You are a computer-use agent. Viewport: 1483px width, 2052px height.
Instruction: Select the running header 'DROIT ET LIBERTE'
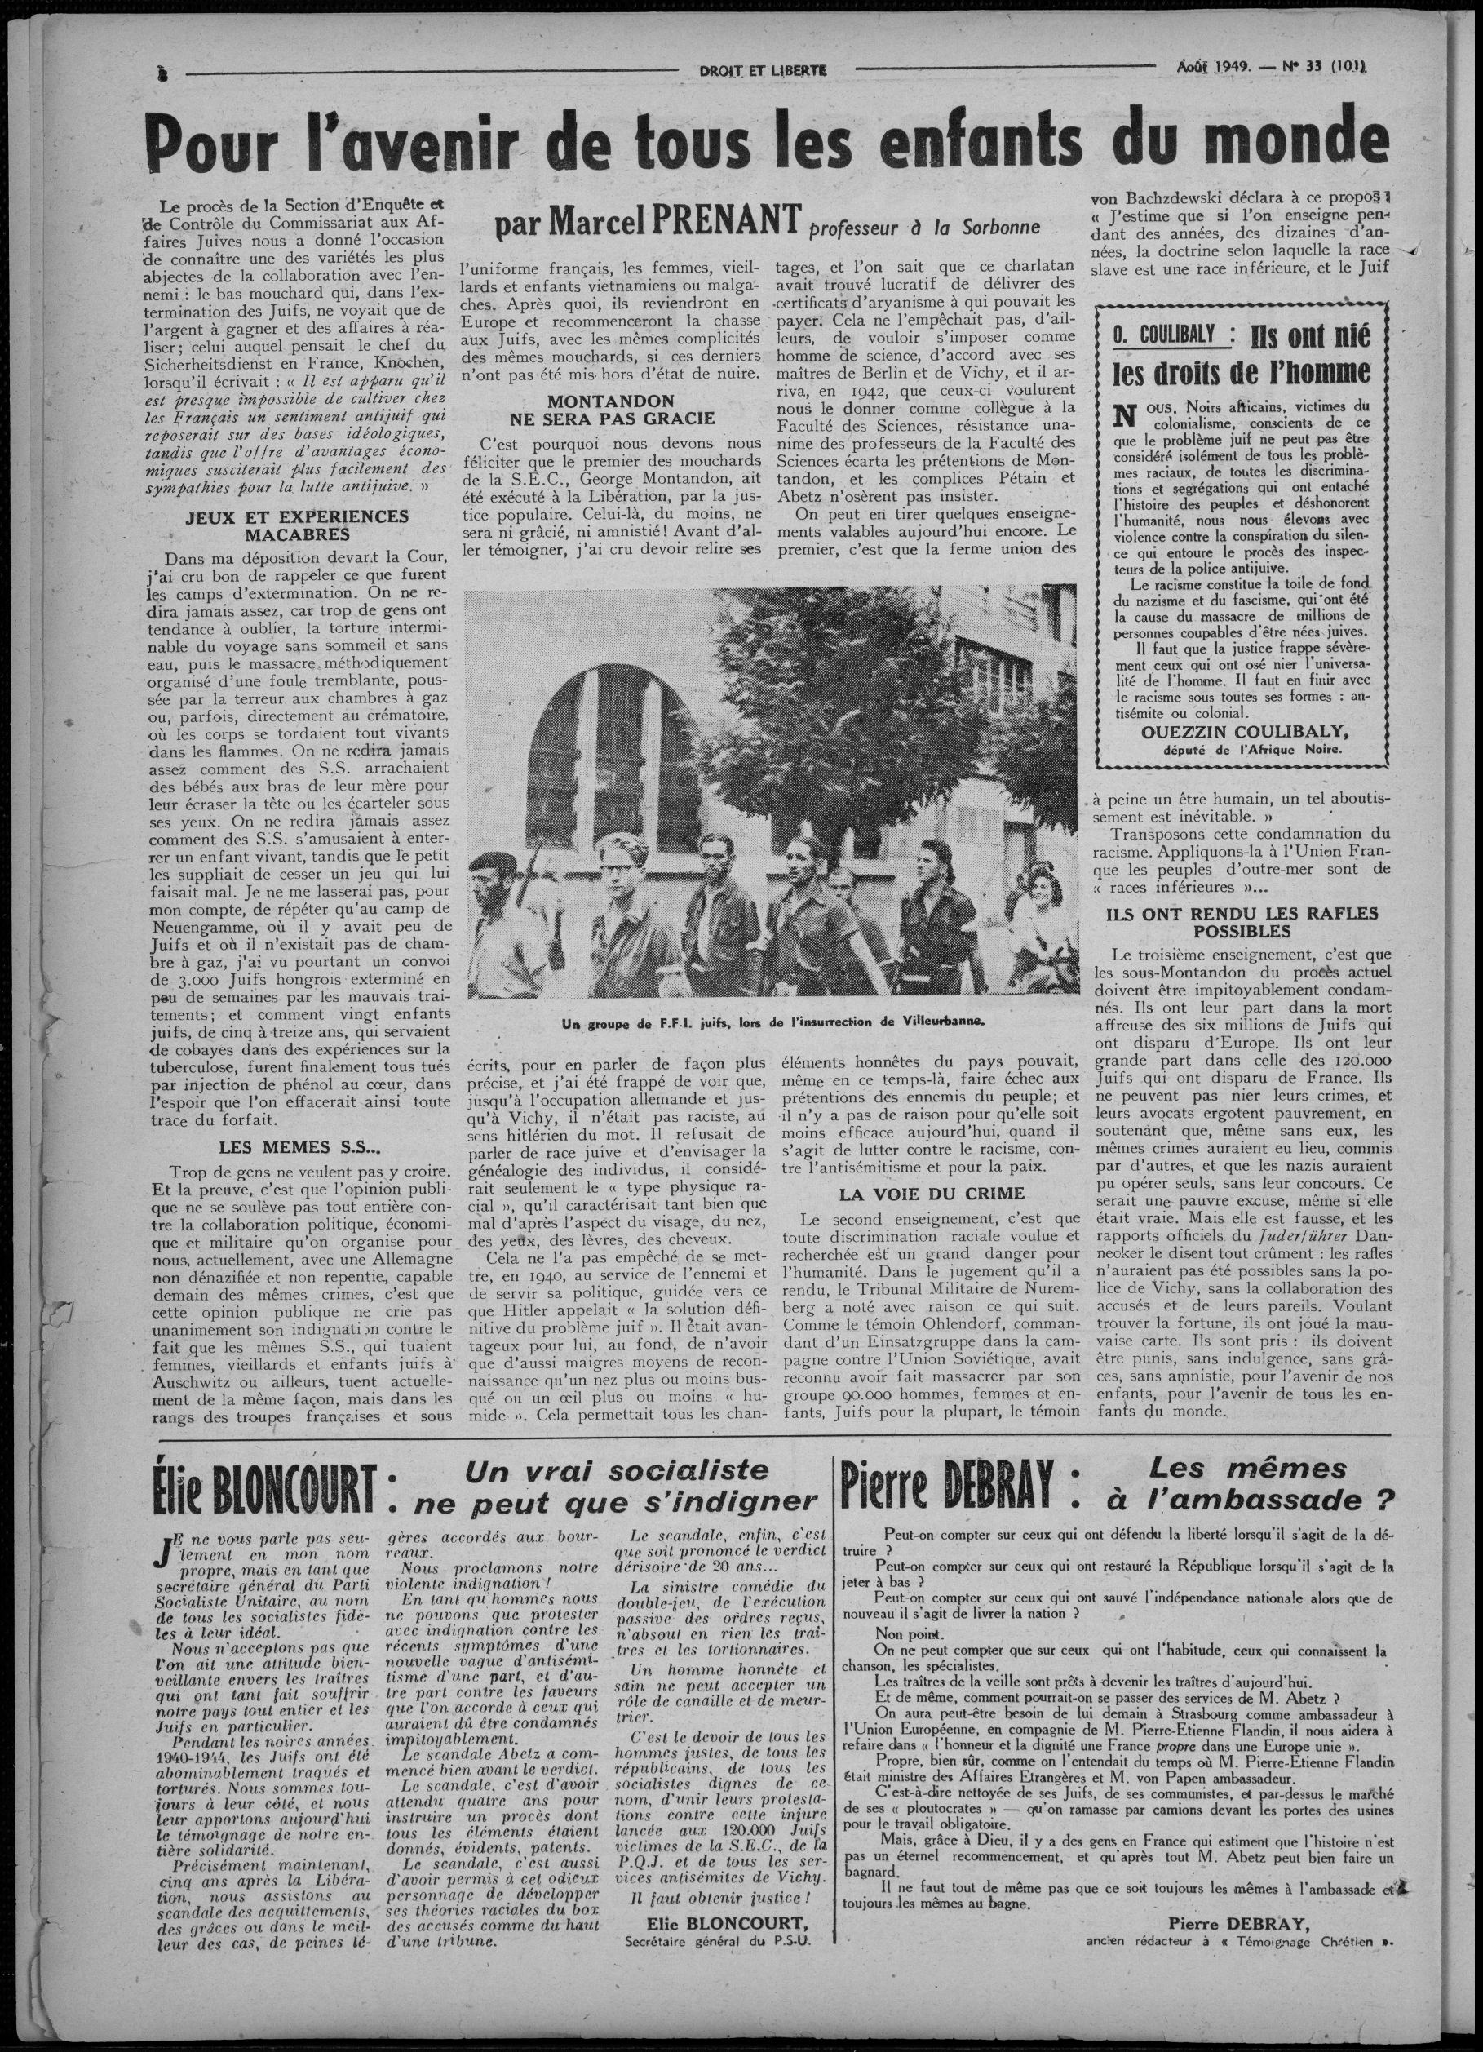(x=770, y=69)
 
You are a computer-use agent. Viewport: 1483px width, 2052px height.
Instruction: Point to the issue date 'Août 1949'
(x=1213, y=66)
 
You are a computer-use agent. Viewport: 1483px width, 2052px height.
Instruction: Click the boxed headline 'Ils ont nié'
(x=1310, y=339)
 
